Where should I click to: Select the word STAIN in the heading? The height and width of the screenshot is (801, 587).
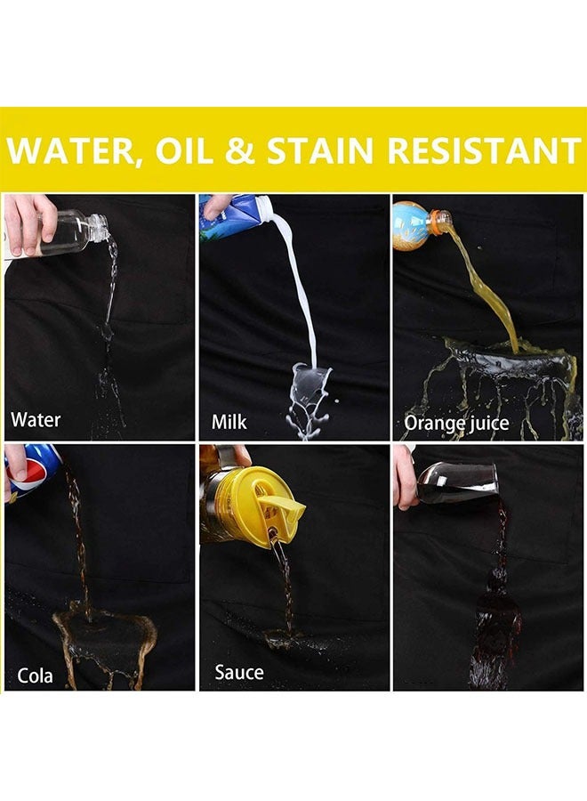point(322,150)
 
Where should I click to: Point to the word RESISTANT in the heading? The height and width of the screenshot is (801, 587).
point(484,150)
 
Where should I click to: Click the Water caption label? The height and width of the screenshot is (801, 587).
point(36,420)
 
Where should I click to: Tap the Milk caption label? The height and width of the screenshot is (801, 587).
point(229,422)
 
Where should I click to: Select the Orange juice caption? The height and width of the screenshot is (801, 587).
point(456,424)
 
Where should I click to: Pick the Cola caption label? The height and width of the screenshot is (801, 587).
point(35,676)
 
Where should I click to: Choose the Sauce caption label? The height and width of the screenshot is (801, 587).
point(239,672)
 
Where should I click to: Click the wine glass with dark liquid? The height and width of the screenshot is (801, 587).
point(457,481)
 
